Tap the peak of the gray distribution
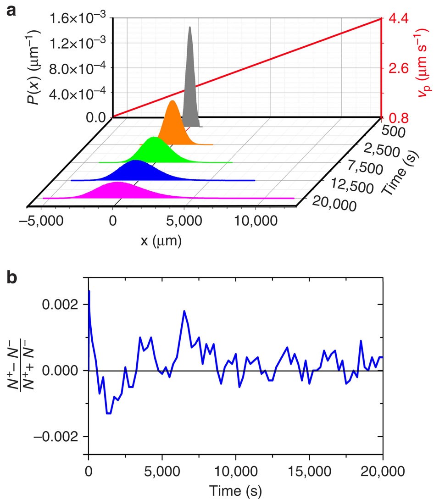tap(190, 27)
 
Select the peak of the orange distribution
tap(172, 101)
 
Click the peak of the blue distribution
tap(135, 161)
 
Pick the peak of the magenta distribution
tap(117, 182)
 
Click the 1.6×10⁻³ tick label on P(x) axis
tap(79, 19)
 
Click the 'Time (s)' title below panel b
tap(235, 490)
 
